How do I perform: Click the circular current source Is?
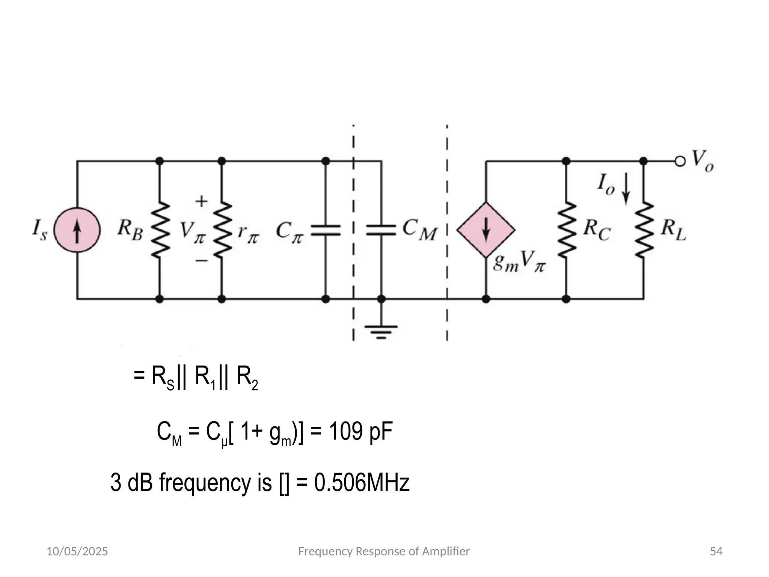click(x=77, y=230)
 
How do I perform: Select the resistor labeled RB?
click(x=160, y=230)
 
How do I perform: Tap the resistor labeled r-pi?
click(x=222, y=230)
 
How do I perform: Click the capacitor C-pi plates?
click(x=326, y=230)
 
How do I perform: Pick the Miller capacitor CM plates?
click(x=381, y=230)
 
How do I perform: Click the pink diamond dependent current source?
click(x=486, y=230)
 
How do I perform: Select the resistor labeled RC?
click(x=566, y=230)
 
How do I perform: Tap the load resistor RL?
click(x=644, y=230)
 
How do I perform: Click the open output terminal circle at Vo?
click(x=680, y=162)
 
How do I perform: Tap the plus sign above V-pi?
click(x=202, y=201)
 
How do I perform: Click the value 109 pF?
click(x=360, y=432)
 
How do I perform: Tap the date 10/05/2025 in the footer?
click(x=77, y=551)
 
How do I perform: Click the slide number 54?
click(x=716, y=551)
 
